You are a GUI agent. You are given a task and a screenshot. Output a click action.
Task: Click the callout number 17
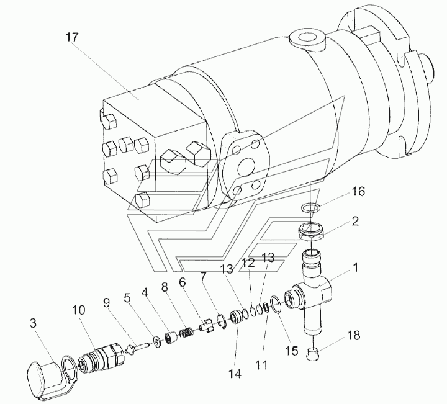tap(71, 37)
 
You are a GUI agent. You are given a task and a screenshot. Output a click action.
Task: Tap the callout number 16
tap(358, 192)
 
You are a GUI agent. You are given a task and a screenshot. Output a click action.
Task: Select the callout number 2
tap(355, 221)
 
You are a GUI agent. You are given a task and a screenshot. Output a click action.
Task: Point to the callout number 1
tap(356, 268)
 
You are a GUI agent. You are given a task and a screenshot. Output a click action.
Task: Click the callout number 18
tap(353, 335)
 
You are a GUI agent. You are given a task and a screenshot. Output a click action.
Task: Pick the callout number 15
tap(291, 351)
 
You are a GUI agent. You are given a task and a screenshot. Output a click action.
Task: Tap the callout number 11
tap(261, 365)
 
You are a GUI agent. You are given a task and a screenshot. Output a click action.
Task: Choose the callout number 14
tap(235, 374)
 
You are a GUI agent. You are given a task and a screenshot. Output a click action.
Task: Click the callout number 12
tap(248, 263)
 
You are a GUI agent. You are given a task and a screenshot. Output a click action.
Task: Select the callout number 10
tap(78, 310)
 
